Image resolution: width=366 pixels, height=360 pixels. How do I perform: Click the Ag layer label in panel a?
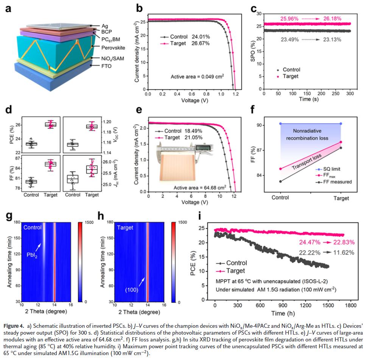point(105,25)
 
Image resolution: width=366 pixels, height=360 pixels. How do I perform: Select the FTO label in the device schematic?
point(107,65)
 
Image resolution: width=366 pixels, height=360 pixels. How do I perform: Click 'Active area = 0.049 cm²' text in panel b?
point(196,76)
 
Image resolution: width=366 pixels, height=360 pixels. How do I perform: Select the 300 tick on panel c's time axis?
point(350,93)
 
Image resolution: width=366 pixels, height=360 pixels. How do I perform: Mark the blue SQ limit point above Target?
point(341,124)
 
